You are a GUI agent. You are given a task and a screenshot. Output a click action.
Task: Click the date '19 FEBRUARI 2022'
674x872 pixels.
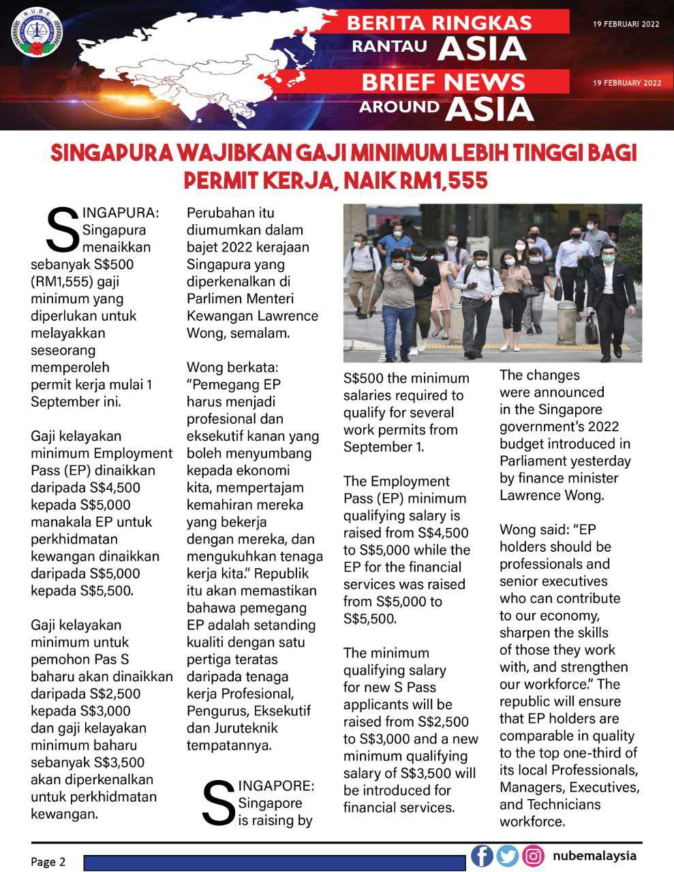[x=626, y=24]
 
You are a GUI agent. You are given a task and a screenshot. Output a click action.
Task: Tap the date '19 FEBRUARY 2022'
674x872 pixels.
[x=627, y=83]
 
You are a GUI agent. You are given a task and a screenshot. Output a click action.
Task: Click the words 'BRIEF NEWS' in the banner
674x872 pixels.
[x=443, y=82]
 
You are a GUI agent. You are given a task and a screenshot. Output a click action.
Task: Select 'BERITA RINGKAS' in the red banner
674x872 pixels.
[x=440, y=23]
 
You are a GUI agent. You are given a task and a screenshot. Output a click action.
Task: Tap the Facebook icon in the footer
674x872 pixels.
[x=482, y=856]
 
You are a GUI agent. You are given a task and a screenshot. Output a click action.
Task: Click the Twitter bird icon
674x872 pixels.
[x=508, y=856]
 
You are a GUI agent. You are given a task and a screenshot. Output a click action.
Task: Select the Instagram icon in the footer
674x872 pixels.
[x=533, y=856]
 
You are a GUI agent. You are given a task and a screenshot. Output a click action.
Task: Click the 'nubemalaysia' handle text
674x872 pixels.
[x=594, y=856]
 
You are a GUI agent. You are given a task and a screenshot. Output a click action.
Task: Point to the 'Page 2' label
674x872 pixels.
[x=48, y=862]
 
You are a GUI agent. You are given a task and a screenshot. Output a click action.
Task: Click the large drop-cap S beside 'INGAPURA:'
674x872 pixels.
[x=60, y=230]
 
